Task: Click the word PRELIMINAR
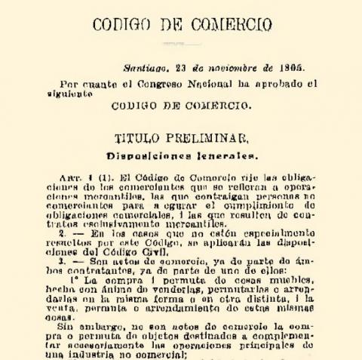tap(207, 139)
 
